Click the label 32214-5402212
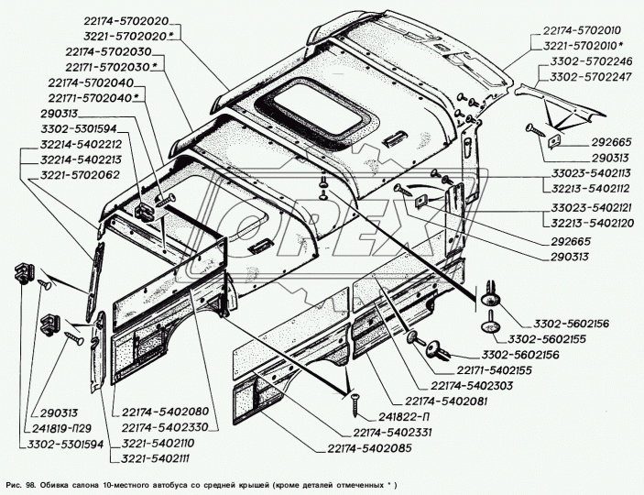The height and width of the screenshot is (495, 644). coord(67,144)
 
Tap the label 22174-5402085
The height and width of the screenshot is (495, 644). coord(368,447)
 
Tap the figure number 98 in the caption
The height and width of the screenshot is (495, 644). coord(37,483)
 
